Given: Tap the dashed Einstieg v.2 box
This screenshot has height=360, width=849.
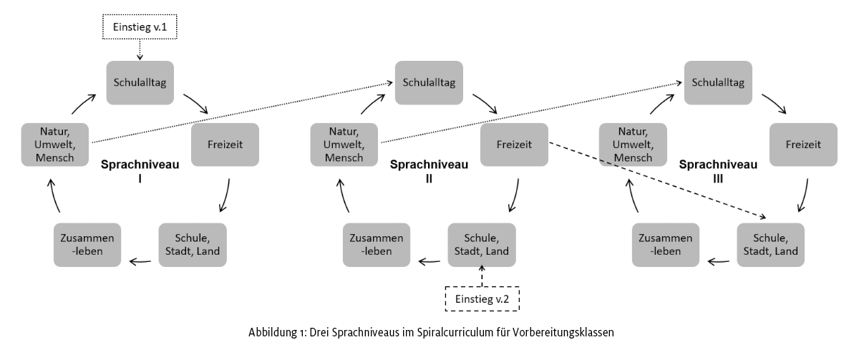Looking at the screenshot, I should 482,298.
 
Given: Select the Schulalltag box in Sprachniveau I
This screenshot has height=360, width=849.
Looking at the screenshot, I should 140,81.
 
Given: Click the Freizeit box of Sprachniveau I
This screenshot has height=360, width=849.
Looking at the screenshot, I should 224,144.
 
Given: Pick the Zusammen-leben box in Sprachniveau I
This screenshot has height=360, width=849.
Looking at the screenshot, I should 87,245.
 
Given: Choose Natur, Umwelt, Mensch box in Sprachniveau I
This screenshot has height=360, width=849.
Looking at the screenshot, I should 54,144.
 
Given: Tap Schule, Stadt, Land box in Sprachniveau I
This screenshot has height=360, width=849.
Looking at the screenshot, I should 192,245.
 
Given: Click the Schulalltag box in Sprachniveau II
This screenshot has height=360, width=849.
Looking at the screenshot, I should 428,81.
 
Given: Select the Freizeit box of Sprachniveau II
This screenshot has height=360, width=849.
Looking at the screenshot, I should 513,144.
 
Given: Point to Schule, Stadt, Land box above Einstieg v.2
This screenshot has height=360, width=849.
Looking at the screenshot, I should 481,245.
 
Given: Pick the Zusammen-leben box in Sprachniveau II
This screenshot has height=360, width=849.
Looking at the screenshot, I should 377,245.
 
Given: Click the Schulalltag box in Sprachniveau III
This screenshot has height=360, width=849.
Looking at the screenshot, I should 717,81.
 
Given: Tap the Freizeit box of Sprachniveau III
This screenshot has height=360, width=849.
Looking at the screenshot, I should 802,144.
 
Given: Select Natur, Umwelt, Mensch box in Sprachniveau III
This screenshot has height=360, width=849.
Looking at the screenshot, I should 633,144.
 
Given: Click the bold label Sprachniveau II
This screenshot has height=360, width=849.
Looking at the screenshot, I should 429,170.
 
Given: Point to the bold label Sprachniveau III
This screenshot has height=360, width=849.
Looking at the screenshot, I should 717,170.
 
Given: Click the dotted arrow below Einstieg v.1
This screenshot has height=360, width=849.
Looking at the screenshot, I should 140,50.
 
